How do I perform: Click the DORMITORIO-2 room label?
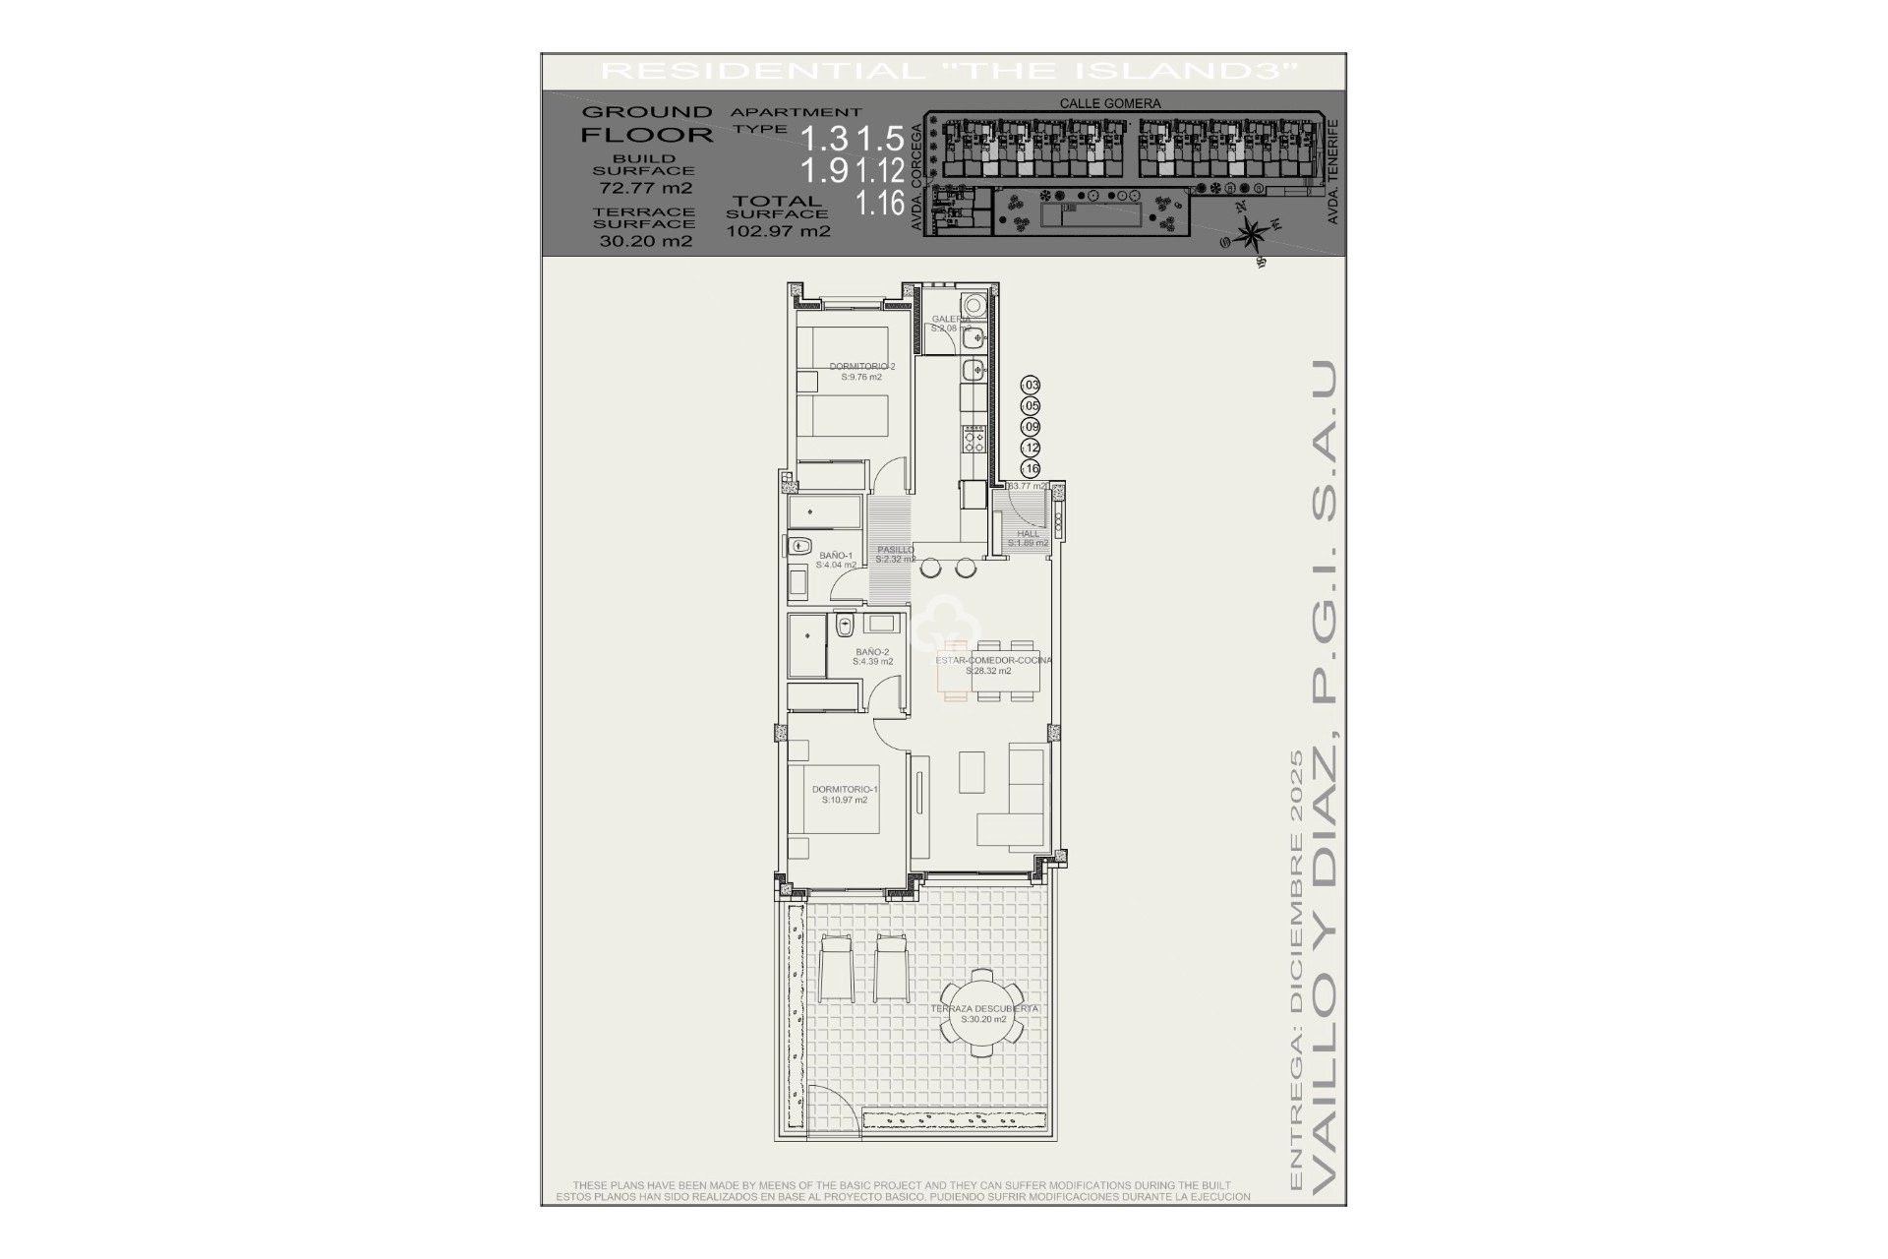[861, 367]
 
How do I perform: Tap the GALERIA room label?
[951, 319]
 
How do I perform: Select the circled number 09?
[1032, 427]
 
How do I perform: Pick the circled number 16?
[1032, 469]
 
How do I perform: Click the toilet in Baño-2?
[844, 626]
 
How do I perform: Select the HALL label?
[1028, 534]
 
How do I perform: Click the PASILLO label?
[895, 550]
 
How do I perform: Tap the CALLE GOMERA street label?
[1110, 103]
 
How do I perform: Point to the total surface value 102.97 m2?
[778, 232]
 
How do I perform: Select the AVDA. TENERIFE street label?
[1333, 171]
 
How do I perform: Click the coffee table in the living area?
[973, 773]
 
